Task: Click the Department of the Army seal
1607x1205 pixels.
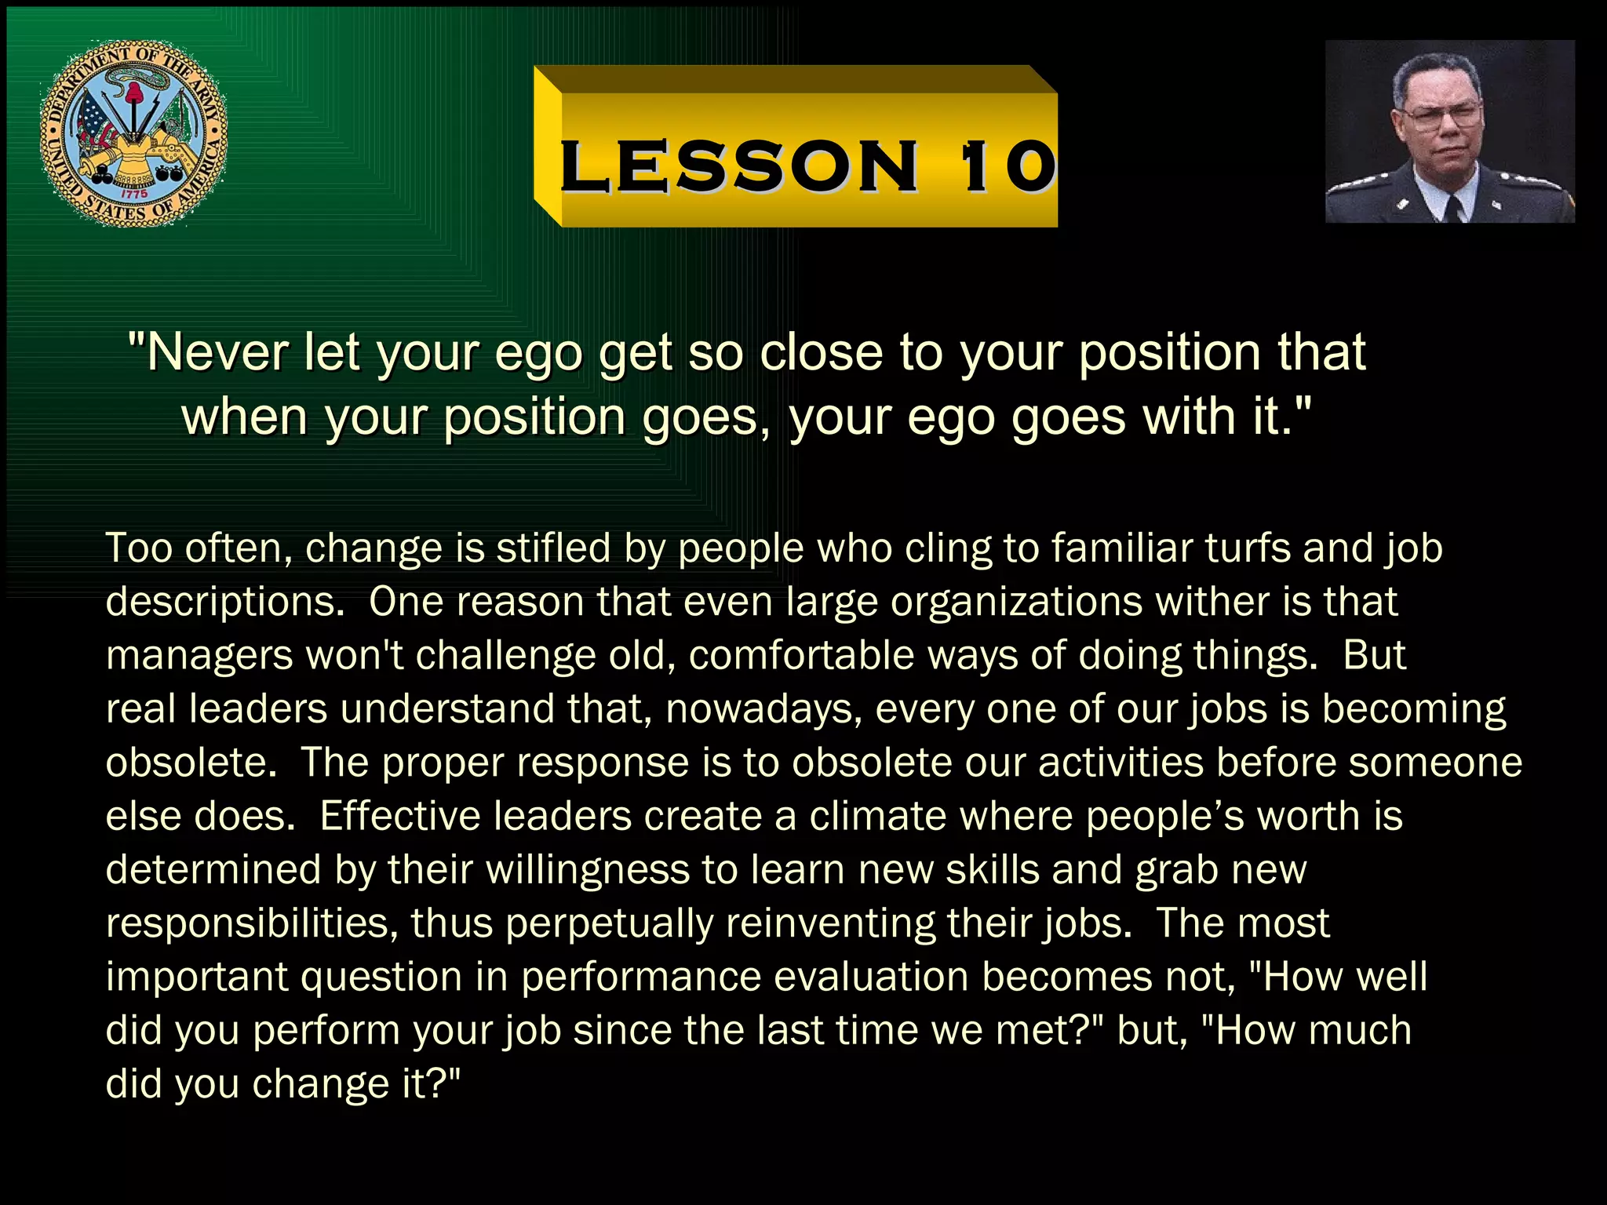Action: pyautogui.click(x=133, y=133)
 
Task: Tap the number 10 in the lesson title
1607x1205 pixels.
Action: pyautogui.click(x=1008, y=166)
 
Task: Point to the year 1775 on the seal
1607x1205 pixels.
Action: pyautogui.click(x=134, y=193)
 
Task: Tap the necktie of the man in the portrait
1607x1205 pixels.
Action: pyautogui.click(x=1452, y=209)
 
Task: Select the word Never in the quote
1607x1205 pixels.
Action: pyautogui.click(x=217, y=352)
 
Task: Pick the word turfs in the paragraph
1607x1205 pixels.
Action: pyautogui.click(x=1248, y=548)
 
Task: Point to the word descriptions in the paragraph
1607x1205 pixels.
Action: pyautogui.click(x=224, y=602)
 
